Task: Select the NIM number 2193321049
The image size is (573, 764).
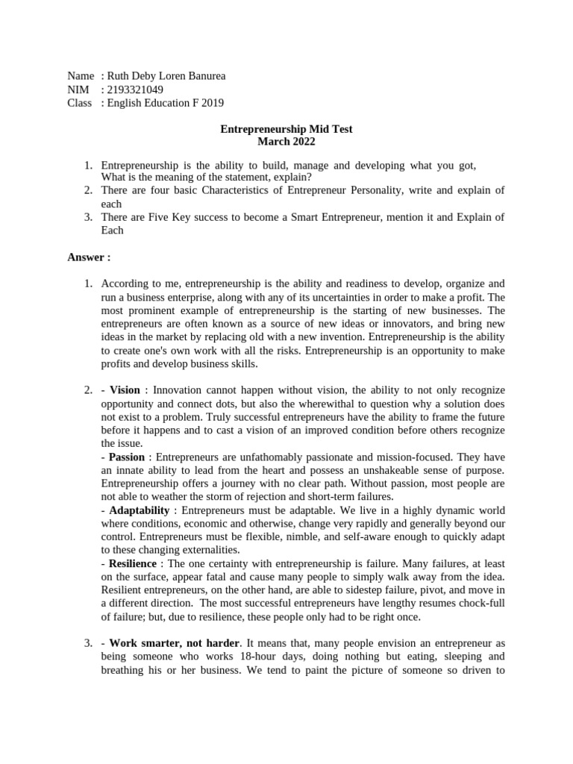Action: (135, 90)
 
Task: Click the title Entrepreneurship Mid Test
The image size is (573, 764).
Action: (286, 129)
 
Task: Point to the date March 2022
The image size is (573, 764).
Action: (286, 142)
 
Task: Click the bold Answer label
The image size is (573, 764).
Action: (89, 257)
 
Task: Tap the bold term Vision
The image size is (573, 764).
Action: (125, 390)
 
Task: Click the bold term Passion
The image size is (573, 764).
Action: (127, 457)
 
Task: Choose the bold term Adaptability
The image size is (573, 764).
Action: (140, 510)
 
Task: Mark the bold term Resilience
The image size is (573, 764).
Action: (133, 563)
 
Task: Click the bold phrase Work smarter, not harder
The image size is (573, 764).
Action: (175, 643)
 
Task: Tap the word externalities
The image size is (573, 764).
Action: (202, 550)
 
